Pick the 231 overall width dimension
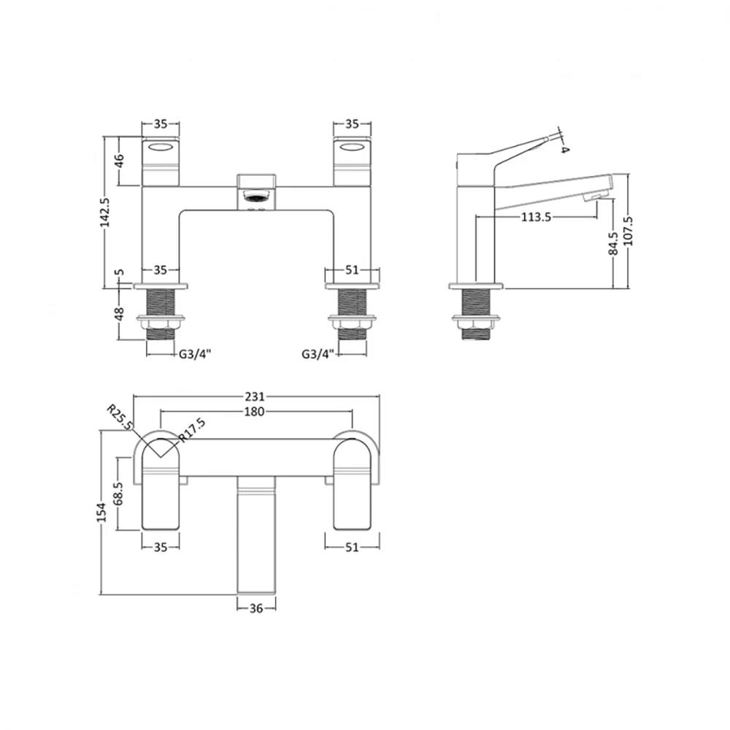point(254,397)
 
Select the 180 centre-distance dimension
point(254,412)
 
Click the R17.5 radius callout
point(192,429)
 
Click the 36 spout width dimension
point(257,607)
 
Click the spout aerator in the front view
point(256,196)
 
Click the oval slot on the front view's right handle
point(351,149)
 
